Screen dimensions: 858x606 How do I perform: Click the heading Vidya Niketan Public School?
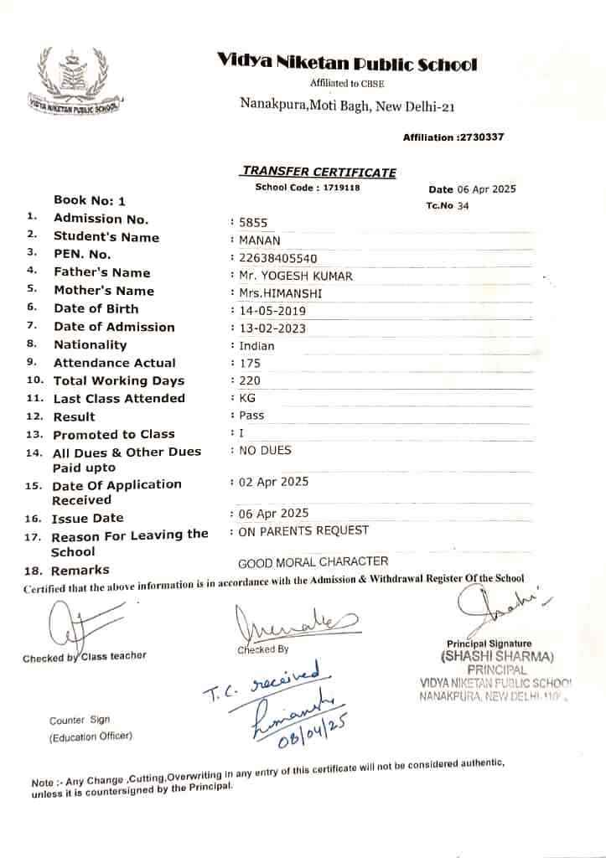(347, 64)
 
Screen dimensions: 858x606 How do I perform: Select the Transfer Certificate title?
(319, 172)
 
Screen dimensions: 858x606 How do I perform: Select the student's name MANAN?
(254, 240)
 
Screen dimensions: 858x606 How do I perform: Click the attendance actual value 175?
(250, 364)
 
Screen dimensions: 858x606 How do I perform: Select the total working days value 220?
(250, 380)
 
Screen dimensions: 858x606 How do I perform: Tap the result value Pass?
(251, 416)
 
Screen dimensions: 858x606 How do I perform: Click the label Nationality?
(91, 345)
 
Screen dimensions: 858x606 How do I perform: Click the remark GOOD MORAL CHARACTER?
(313, 561)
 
